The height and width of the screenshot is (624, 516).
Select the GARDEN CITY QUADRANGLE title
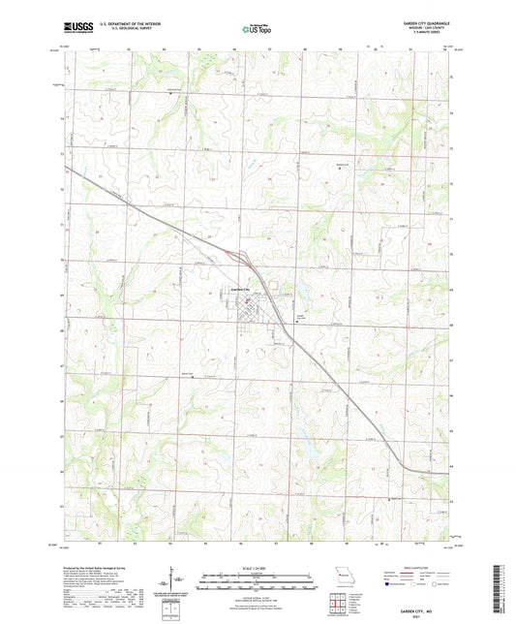tap(418, 22)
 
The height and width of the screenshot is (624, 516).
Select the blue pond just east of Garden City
tap(296, 292)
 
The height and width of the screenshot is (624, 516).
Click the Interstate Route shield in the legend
tap(390, 584)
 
